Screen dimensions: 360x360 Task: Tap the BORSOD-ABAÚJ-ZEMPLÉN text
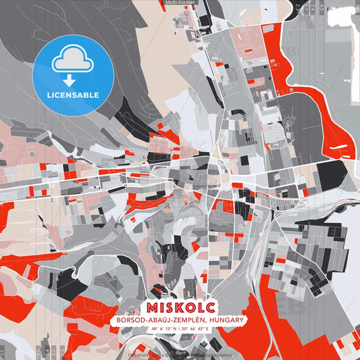pyautogui.click(x=159, y=319)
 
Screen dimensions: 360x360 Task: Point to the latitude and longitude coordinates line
pyautogui.click(x=179, y=329)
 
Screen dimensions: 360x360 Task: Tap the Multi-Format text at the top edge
pyautogui.click(x=180, y=3)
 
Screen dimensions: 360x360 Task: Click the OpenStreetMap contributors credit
pyautogui.click(x=203, y=355)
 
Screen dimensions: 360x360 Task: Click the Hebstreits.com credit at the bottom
pyautogui.click(x=144, y=355)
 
